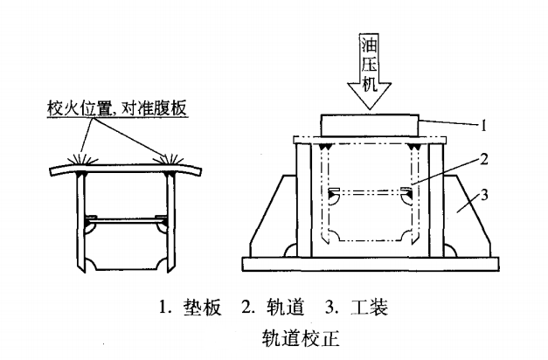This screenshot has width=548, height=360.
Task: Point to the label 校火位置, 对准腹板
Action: tap(117, 110)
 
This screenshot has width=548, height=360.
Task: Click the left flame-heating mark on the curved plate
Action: tap(88, 161)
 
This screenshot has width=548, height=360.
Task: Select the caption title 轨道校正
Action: tap(274, 335)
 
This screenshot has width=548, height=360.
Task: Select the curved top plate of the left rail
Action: tap(128, 166)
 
